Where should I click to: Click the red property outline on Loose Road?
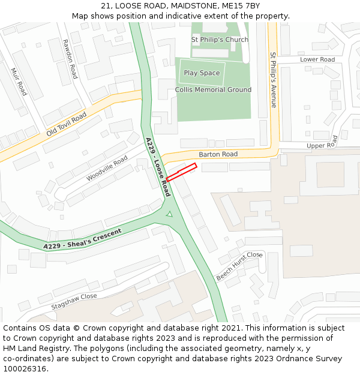[x=181, y=172]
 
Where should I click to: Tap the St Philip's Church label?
[x=220, y=40]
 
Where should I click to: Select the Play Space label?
[x=202, y=73]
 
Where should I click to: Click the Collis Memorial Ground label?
[x=213, y=90]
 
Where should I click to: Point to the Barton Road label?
[x=218, y=154]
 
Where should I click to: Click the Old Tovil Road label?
[x=66, y=124]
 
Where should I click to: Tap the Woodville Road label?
[x=107, y=169]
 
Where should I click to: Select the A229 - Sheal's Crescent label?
[x=82, y=239]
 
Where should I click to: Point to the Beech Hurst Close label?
[x=239, y=266]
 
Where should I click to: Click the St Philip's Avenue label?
[x=274, y=80]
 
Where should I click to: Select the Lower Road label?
[x=317, y=59]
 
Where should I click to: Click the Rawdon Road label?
[x=70, y=59]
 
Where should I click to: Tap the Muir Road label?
[x=19, y=82]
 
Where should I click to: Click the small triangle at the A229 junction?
[x=169, y=214]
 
